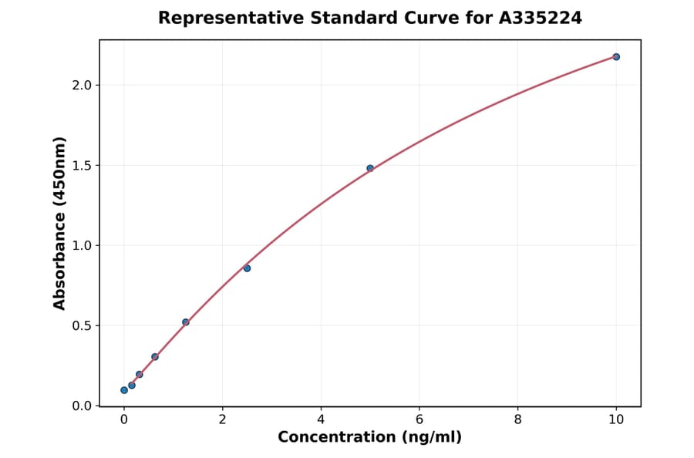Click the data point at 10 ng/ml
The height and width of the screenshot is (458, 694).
[x=616, y=57]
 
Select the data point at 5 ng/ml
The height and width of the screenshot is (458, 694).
[x=370, y=168]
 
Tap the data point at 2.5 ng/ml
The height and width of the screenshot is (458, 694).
[x=247, y=268]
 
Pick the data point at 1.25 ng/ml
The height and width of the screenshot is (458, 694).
[x=186, y=322]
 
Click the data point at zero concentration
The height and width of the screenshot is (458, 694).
[x=124, y=390]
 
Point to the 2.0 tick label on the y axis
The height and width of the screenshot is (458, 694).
[x=81, y=85]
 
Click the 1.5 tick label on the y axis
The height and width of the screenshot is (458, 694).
[x=81, y=165]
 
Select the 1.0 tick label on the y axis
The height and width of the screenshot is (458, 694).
[x=81, y=245]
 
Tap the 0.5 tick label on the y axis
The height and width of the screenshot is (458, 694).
[x=81, y=325]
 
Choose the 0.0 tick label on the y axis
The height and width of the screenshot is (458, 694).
[x=81, y=406]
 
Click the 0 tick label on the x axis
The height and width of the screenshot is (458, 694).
[x=124, y=420]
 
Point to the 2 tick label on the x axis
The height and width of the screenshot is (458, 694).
[x=222, y=420]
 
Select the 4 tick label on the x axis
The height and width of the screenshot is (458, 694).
[x=321, y=420]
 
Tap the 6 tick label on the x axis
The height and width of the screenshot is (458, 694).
[x=419, y=420]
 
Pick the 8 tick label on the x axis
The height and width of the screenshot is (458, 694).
[x=517, y=420]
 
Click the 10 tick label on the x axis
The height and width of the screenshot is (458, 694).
[x=616, y=420]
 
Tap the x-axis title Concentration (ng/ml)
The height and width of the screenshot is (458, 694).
[x=370, y=438]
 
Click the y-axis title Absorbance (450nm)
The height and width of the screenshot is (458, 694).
[x=60, y=223]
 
